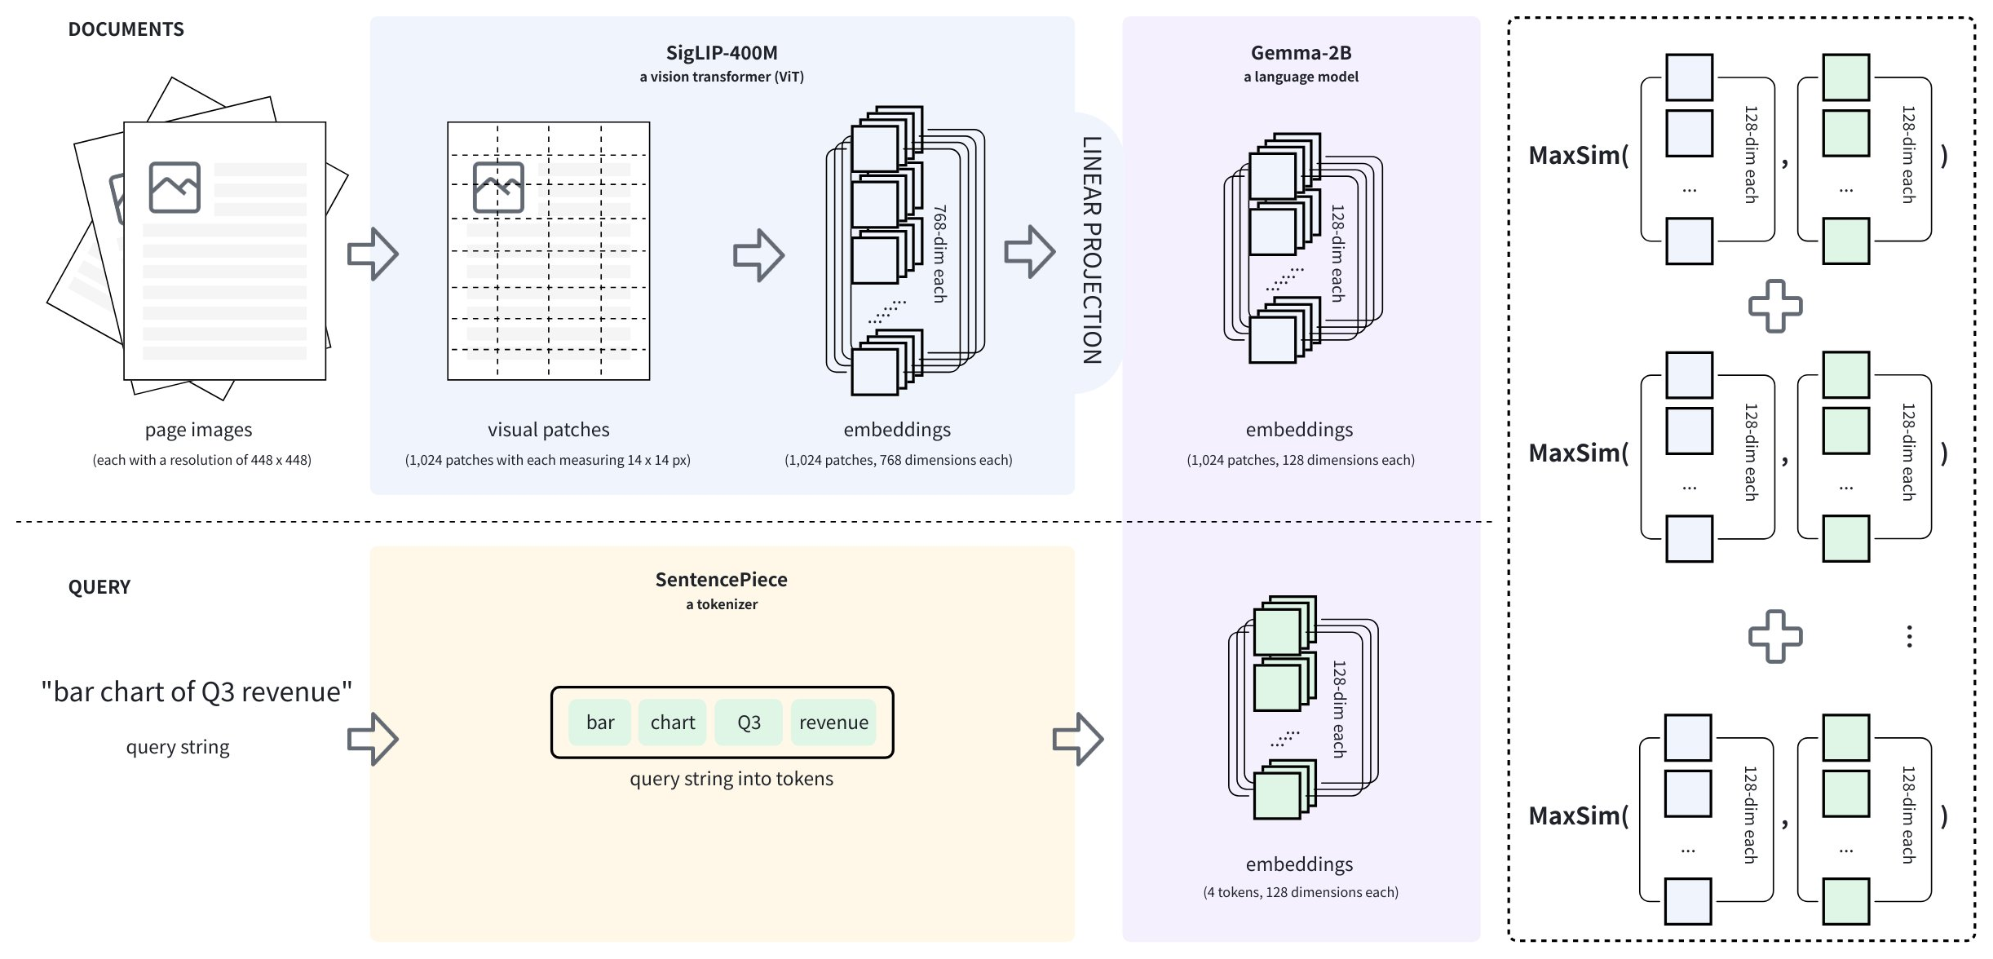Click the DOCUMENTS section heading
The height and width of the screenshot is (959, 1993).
click(x=126, y=29)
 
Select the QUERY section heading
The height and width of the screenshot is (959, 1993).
click(x=99, y=587)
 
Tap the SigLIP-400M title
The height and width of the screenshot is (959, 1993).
click(x=722, y=53)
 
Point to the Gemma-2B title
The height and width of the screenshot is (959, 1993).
click(x=1301, y=53)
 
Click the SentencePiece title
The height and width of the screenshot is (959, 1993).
click(x=722, y=580)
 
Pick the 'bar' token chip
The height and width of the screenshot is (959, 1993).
click(x=600, y=723)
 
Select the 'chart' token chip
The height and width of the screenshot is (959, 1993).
click(x=673, y=723)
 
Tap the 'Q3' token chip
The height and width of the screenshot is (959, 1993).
click(x=749, y=723)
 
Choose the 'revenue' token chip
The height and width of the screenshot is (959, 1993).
click(x=833, y=723)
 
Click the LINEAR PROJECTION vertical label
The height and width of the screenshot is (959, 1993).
click(x=1092, y=250)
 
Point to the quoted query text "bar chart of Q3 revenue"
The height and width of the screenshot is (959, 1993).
click(x=197, y=692)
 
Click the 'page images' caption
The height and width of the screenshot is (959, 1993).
click(x=198, y=430)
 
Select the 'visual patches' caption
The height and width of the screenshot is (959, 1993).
click(x=548, y=430)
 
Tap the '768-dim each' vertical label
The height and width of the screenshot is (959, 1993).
click(x=939, y=254)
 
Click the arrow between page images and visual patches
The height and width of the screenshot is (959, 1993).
click(x=373, y=254)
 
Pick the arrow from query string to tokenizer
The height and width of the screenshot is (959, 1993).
click(x=373, y=739)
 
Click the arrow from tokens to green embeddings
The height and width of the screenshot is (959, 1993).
click(x=1078, y=739)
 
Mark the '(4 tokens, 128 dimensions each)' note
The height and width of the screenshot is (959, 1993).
click(x=1301, y=892)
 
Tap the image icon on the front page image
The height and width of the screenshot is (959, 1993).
click(x=175, y=187)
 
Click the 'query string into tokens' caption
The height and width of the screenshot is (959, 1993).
click(x=731, y=779)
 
